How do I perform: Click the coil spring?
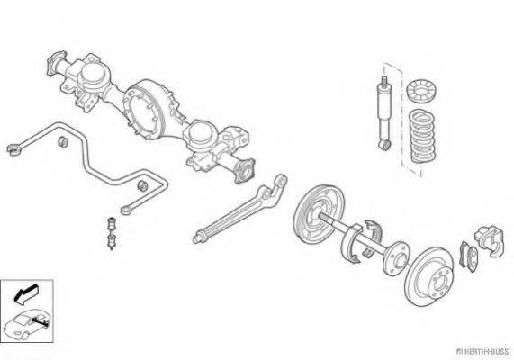click(x=422, y=136)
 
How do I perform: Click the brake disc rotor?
click(x=429, y=276)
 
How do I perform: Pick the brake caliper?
click(x=490, y=239)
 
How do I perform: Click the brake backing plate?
click(x=319, y=214)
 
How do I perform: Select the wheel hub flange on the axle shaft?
click(x=396, y=258)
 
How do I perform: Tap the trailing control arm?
click(x=240, y=210)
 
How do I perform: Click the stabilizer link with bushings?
click(x=112, y=233)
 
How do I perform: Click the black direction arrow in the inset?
click(x=25, y=294)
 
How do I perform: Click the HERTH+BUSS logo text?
click(x=482, y=352)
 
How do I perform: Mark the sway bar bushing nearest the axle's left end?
click(x=63, y=141)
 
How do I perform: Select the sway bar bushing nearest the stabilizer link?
click(x=142, y=185)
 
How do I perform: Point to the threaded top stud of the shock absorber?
click(x=383, y=81)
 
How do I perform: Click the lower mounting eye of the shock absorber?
click(x=383, y=144)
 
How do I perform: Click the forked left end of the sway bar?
click(x=14, y=149)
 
